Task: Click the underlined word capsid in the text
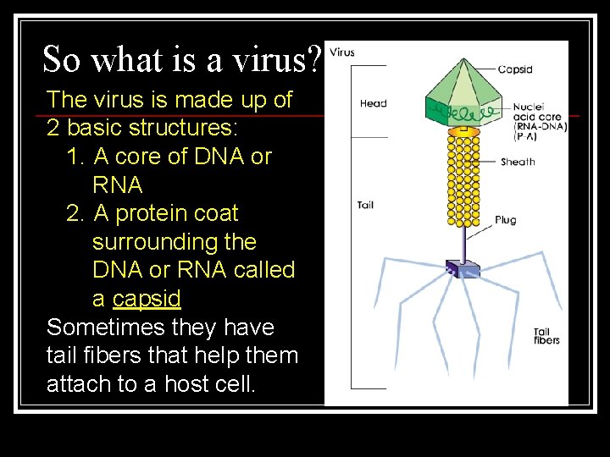tap(147, 299)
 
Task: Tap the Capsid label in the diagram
tap(515, 69)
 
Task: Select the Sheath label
tap(518, 162)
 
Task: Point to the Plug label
tap(506, 220)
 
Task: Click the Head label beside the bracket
tap(373, 103)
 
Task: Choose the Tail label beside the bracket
tap(365, 205)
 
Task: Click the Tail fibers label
tap(546, 335)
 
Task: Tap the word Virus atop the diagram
tap(342, 52)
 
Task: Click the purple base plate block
tap(463, 269)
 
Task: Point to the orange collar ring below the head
tap(463, 132)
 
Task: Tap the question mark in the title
tap(314, 60)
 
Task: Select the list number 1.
tap(73, 157)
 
